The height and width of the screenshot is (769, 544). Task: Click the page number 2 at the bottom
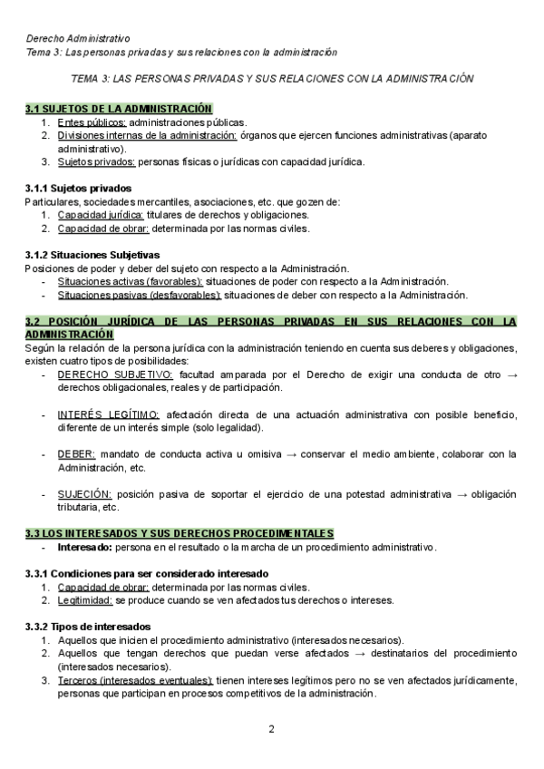[x=272, y=728]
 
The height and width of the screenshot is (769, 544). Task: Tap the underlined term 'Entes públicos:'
[x=92, y=122]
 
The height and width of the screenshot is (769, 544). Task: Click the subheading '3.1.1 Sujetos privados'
[x=80, y=189]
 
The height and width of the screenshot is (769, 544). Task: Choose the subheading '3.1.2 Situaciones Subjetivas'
[x=92, y=255]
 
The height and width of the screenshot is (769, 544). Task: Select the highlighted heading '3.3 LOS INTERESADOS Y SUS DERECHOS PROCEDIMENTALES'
[x=191, y=533]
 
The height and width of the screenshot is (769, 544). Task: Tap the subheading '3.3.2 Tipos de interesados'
[x=88, y=627]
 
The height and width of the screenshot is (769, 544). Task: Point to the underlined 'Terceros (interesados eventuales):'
[x=134, y=680]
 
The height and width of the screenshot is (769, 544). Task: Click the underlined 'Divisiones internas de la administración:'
[x=147, y=135]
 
